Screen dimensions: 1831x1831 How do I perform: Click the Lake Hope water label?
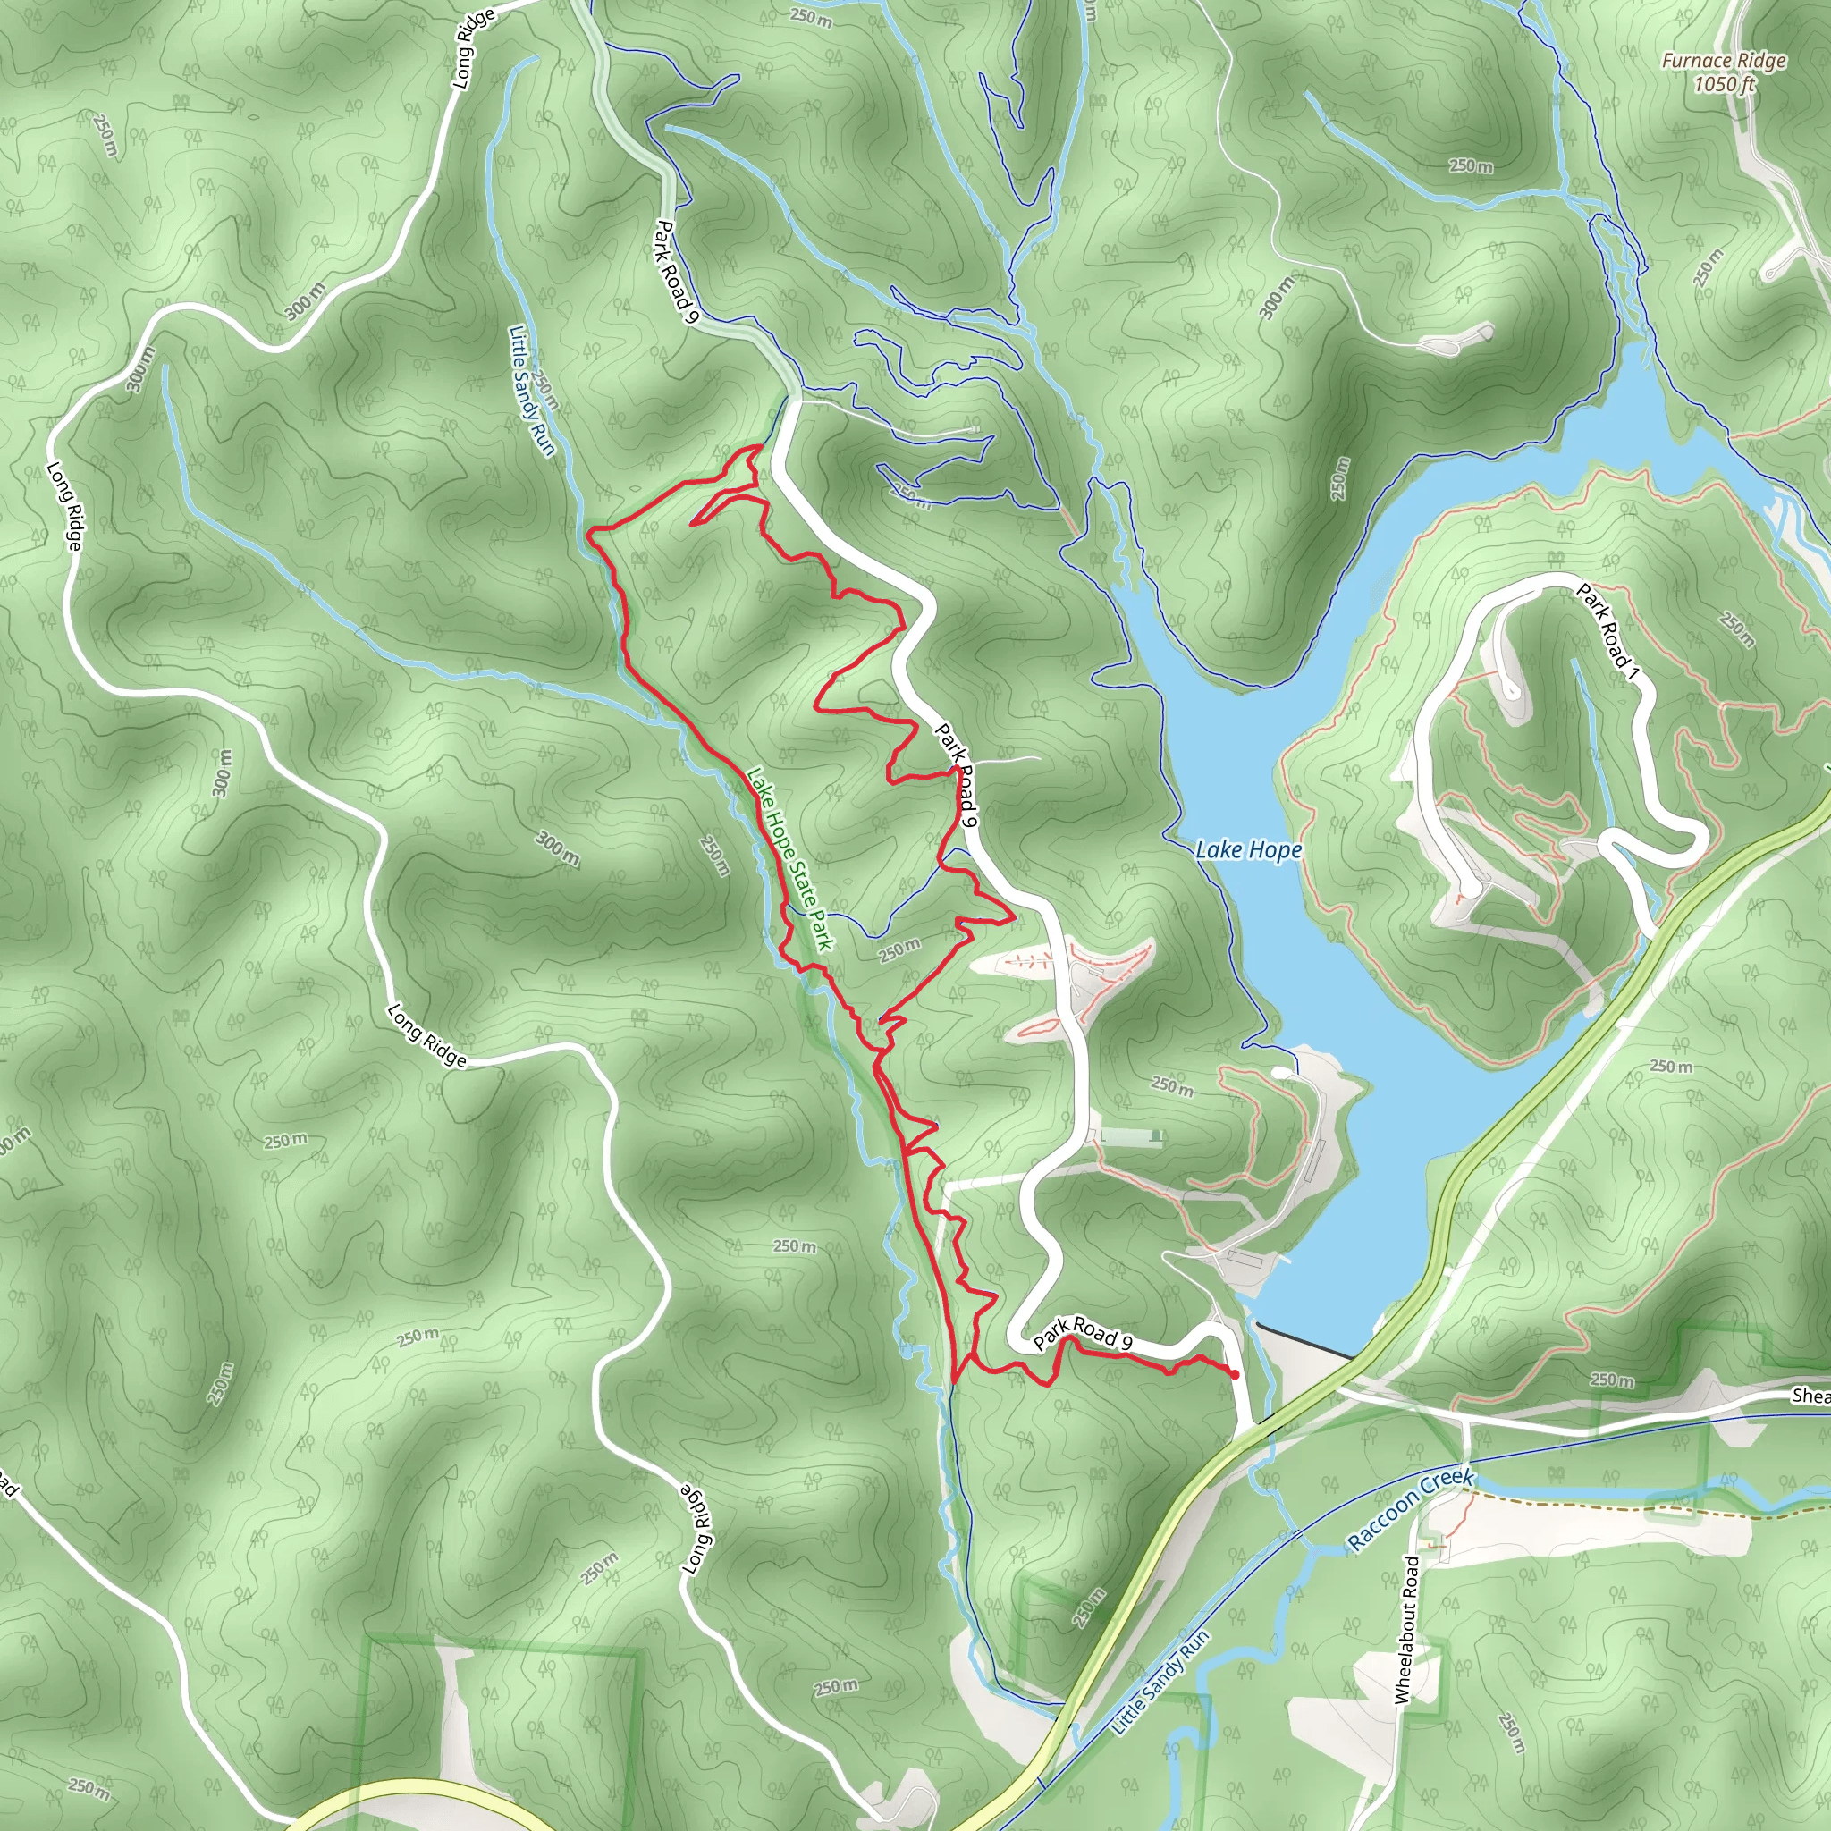coord(1248,850)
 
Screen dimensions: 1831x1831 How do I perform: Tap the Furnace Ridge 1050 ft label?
coord(1724,72)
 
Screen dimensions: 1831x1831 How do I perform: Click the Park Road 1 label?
coord(1607,632)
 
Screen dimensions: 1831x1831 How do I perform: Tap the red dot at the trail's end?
coord(1234,1374)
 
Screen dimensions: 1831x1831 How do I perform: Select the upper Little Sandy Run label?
coord(531,391)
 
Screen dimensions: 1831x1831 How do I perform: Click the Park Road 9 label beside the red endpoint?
coord(1083,1332)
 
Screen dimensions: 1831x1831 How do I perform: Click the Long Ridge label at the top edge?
coord(473,48)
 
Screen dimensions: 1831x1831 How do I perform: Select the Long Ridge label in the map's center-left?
coord(426,1036)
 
